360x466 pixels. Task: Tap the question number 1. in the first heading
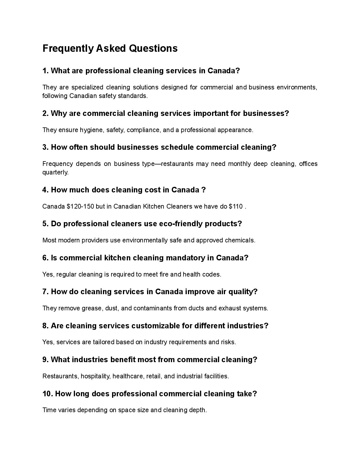pyautogui.click(x=46, y=71)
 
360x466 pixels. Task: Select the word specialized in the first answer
pyautogui.click(x=87, y=87)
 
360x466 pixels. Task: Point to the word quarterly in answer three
pyautogui.click(x=55, y=172)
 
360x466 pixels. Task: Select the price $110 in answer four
pyautogui.click(x=236, y=207)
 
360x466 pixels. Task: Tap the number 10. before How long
pyautogui.click(x=48, y=394)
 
